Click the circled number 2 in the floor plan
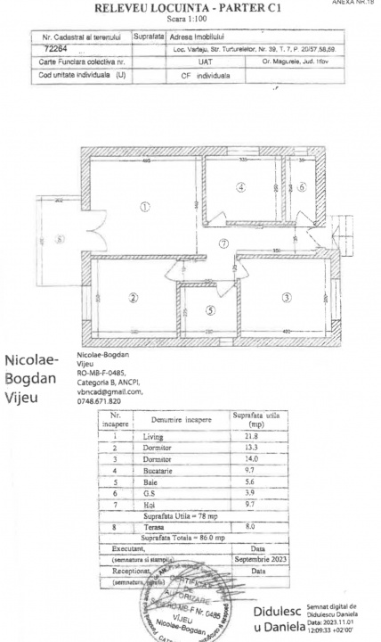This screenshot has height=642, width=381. click(133, 298)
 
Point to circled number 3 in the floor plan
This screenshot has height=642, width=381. click(287, 298)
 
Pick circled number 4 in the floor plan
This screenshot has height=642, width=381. click(240, 187)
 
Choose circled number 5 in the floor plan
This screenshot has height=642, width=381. click(210, 310)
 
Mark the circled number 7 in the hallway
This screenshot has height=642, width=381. click(224, 243)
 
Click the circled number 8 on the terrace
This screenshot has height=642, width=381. click(60, 239)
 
